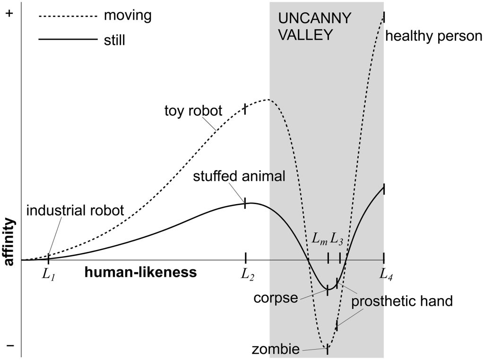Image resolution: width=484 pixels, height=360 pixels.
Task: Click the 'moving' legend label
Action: click(x=128, y=16)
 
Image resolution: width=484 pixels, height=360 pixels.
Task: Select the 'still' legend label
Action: click(x=114, y=40)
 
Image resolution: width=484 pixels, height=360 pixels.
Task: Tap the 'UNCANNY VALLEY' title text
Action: click(x=314, y=26)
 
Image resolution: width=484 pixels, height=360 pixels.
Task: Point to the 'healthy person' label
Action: click(x=434, y=36)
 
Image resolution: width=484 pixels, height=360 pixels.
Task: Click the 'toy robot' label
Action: click(x=193, y=111)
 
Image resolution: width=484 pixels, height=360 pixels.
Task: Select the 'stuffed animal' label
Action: click(x=239, y=176)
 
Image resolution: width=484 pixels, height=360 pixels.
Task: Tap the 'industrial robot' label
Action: click(x=75, y=210)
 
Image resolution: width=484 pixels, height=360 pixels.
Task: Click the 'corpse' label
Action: click(x=276, y=298)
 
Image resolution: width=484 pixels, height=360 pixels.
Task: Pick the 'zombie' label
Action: click(x=276, y=349)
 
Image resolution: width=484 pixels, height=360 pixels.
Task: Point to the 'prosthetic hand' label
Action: click(x=402, y=301)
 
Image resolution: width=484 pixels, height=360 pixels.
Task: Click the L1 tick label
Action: click(x=49, y=274)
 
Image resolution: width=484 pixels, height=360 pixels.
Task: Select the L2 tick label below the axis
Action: click(x=248, y=274)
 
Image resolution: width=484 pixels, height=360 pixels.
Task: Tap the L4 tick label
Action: click(x=386, y=274)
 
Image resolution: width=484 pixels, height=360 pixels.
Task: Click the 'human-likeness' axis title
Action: click(x=141, y=272)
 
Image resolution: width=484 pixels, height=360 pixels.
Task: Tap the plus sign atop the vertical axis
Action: click(x=9, y=14)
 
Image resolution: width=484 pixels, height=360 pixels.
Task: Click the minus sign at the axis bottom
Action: click(x=10, y=345)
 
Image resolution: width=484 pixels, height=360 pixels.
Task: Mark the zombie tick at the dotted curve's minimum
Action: click(x=327, y=350)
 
